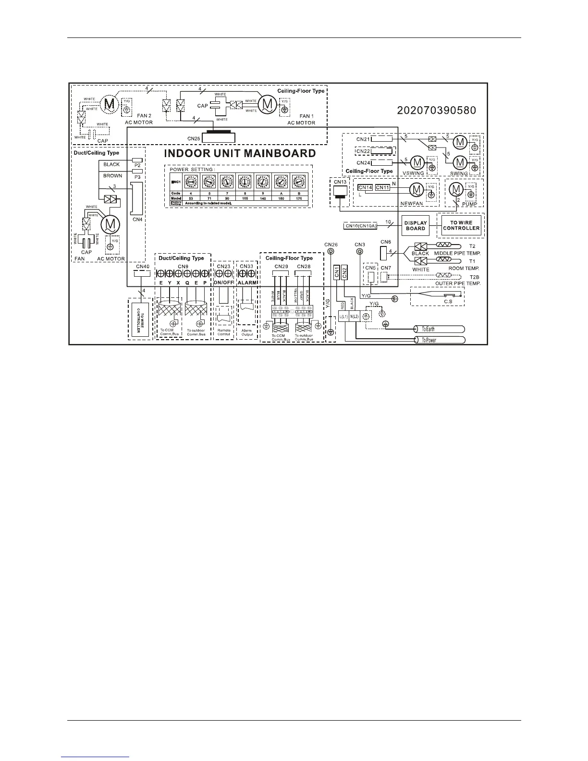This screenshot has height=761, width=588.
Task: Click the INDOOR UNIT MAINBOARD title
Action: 240,154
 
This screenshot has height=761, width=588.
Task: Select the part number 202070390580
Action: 436,110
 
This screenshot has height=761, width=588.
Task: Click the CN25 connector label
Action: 193,138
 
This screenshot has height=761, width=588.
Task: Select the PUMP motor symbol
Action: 454,190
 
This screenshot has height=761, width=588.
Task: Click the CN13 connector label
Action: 340,182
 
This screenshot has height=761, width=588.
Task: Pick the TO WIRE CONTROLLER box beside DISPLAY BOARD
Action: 461,225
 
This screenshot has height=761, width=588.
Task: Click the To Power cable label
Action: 429,340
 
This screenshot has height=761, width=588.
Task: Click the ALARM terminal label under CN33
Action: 247,283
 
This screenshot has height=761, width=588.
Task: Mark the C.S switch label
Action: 448,301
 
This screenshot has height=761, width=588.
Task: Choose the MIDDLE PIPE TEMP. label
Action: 457,253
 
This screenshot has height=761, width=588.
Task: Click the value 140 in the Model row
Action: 263,198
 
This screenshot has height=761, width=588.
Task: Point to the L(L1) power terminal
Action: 343,317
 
